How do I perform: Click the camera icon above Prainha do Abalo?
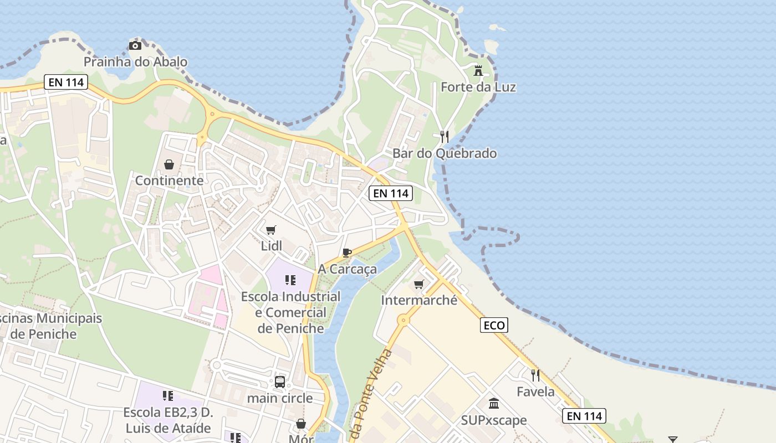[135, 45]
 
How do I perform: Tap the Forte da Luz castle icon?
[478, 70]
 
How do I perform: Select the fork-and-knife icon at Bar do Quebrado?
[444, 136]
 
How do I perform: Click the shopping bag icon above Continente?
[169, 164]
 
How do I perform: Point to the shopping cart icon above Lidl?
[271, 230]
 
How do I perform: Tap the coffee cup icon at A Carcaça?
[347, 253]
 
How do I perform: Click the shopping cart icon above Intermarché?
[419, 284]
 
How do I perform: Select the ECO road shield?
[494, 325]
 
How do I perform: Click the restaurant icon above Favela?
[535, 375]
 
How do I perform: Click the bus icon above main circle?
[280, 382]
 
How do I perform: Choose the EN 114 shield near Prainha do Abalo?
[66, 83]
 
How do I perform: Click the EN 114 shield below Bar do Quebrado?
[391, 193]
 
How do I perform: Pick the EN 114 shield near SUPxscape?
[584, 416]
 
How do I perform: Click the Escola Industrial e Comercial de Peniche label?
[290, 312]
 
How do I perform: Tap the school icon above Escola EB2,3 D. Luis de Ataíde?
[168, 396]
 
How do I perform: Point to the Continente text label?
[169, 181]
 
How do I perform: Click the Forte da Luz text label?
[478, 87]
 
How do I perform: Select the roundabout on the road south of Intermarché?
[404, 320]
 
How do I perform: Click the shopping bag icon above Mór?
[301, 424]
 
